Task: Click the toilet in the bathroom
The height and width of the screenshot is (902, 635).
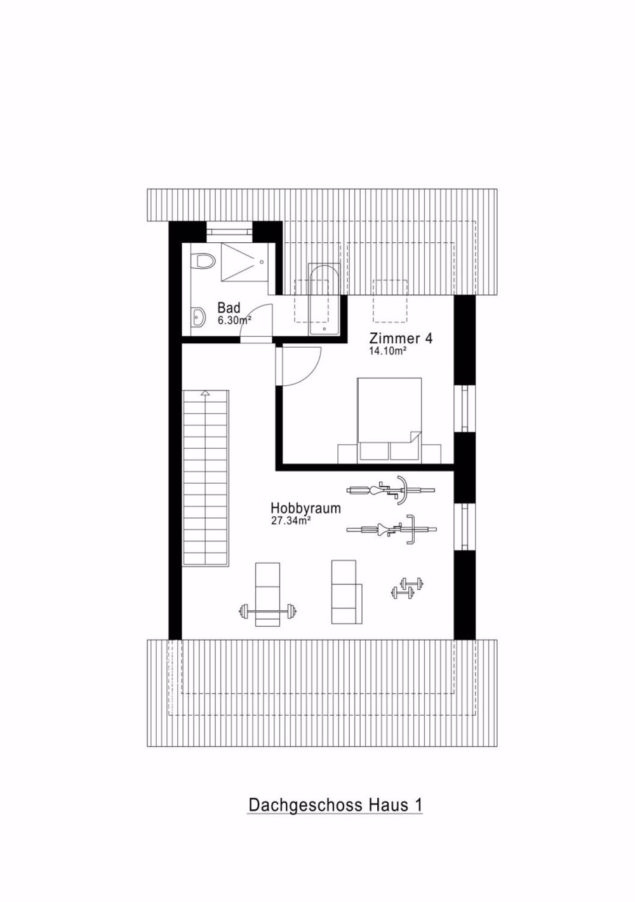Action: [204, 261]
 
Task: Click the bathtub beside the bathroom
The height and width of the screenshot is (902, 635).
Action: [324, 299]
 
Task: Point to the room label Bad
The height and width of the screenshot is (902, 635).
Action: [229, 308]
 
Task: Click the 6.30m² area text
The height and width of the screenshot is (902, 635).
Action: [234, 320]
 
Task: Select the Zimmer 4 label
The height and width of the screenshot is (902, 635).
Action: [401, 338]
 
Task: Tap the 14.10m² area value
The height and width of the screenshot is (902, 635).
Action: [387, 350]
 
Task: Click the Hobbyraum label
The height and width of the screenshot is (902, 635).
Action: [305, 509]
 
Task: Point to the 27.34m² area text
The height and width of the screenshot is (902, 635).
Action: [290, 521]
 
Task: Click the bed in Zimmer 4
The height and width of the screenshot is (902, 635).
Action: [389, 418]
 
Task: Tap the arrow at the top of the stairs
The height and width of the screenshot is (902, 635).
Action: [204, 394]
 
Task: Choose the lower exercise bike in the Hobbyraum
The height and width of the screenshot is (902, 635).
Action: [391, 528]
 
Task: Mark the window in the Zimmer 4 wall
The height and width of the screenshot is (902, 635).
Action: [464, 409]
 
